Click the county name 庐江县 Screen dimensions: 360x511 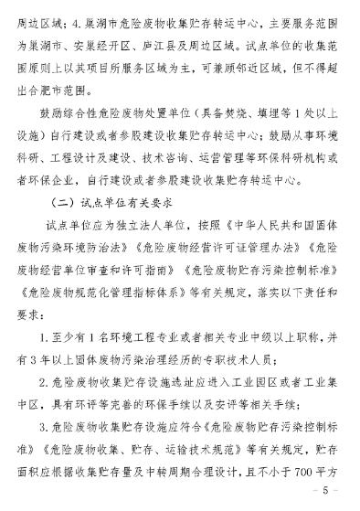coord(206,41)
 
